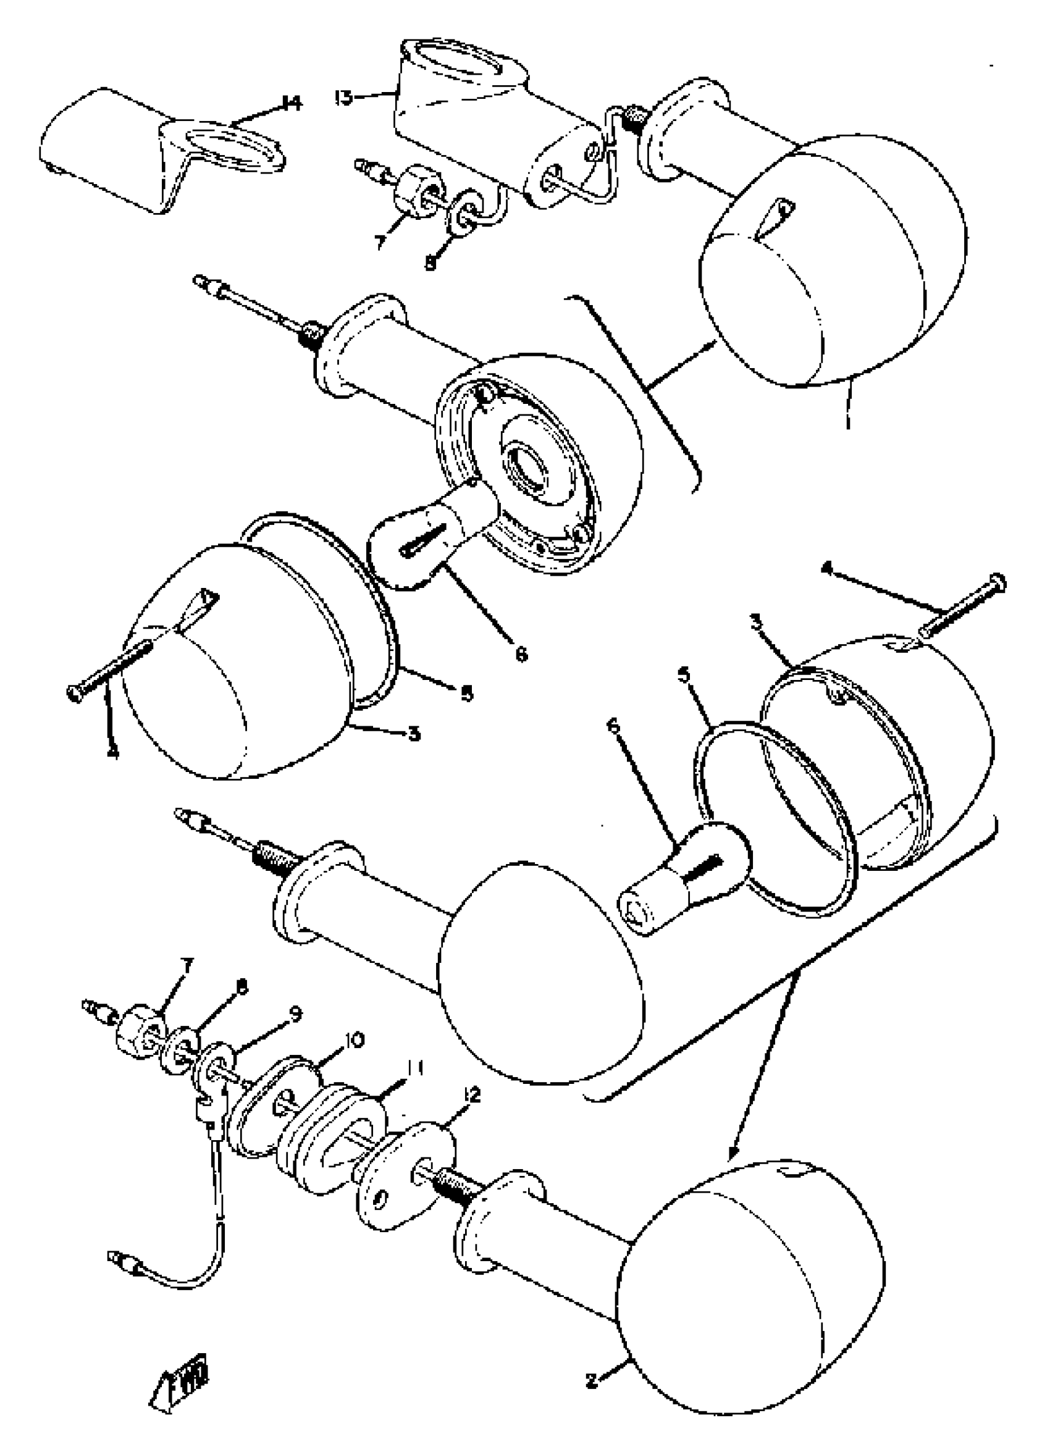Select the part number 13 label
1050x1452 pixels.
pos(344,98)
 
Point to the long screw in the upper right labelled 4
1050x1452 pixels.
pos(960,605)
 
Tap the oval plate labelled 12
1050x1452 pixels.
pos(405,1159)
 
